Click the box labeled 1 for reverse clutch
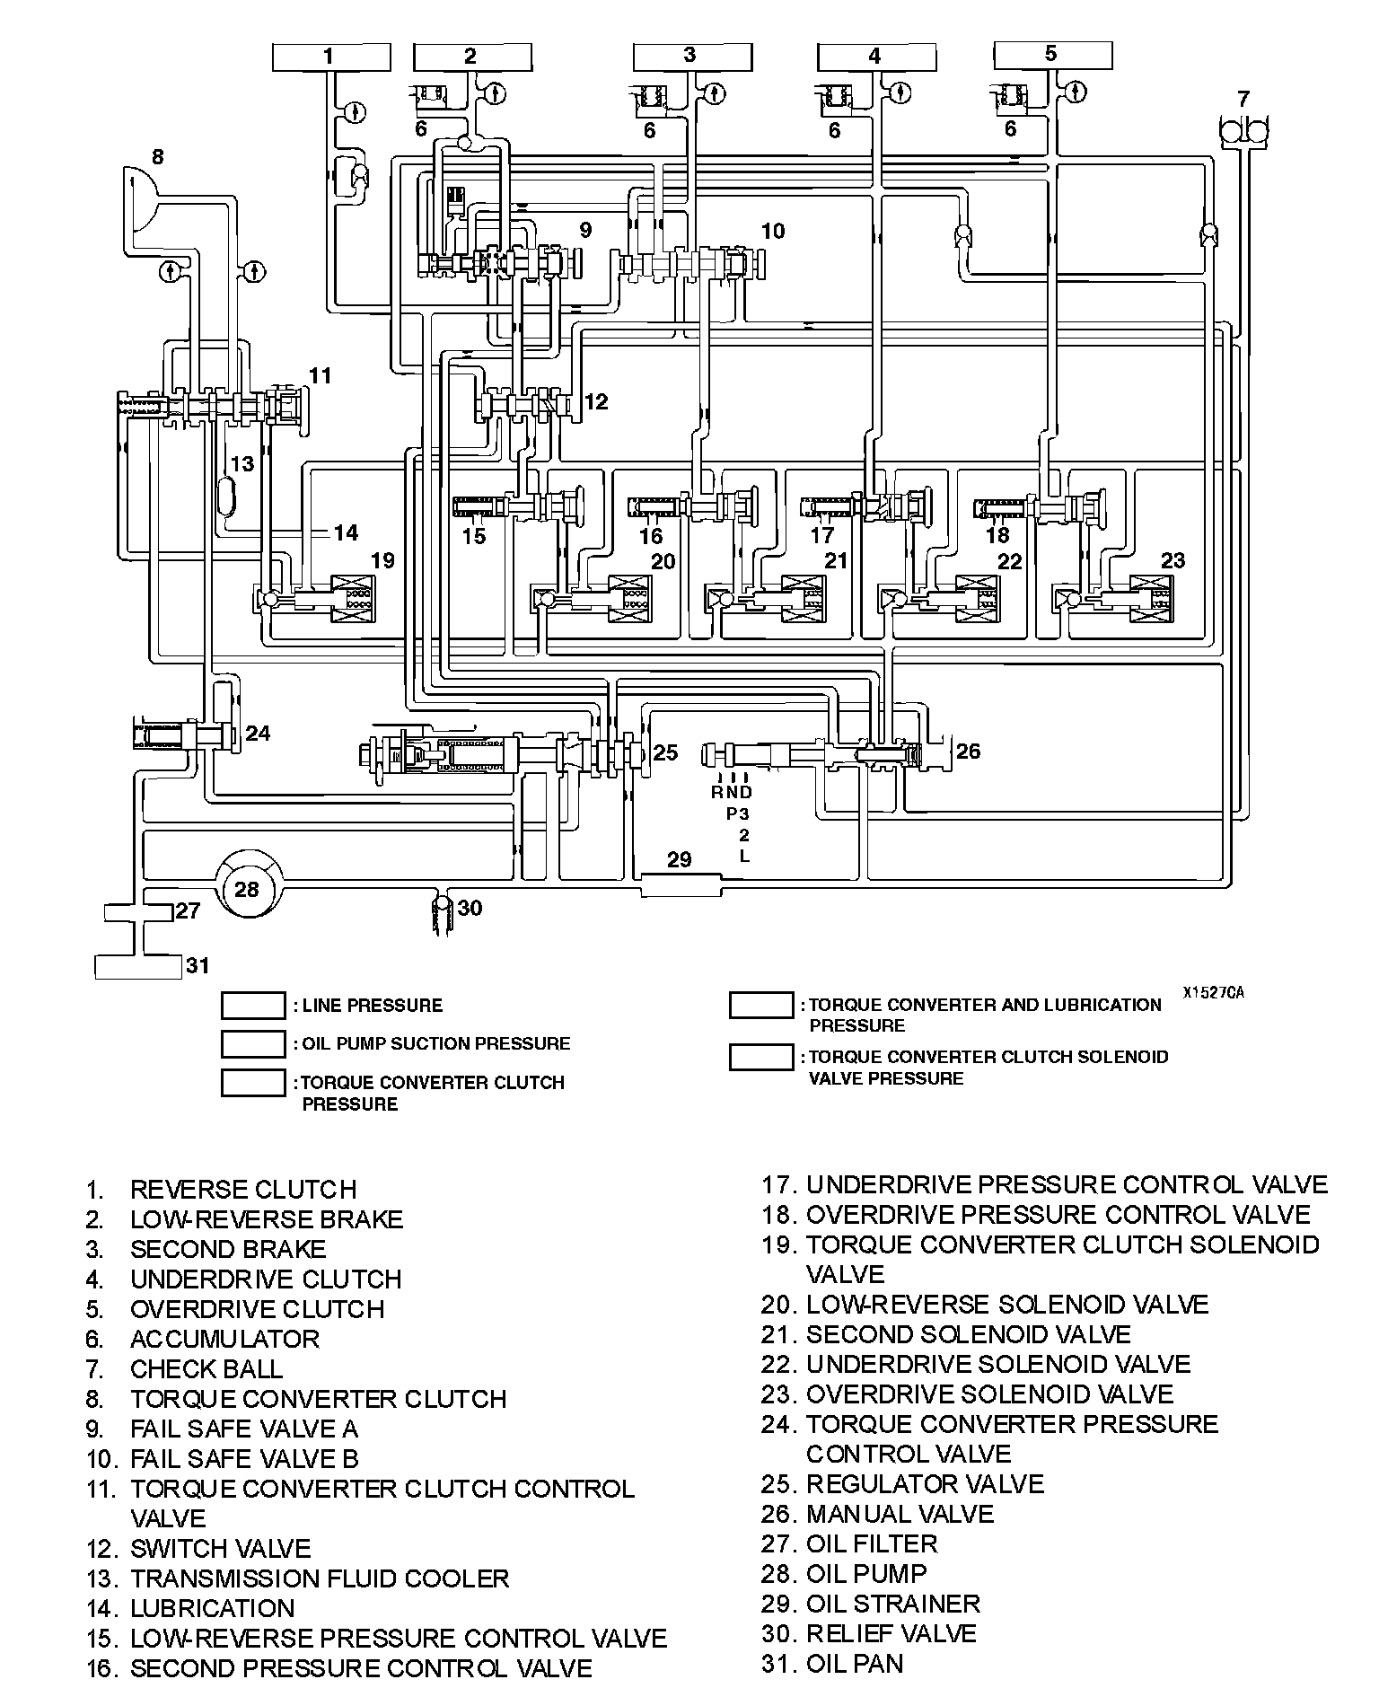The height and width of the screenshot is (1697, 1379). pos(331,57)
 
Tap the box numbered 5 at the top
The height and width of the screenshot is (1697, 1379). pos(1053,56)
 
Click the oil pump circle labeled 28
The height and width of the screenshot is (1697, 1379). pos(247,889)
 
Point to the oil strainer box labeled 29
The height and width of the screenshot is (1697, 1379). pos(681,884)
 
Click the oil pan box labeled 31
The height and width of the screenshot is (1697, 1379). pos(138,966)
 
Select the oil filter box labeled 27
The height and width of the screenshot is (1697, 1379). pos(138,912)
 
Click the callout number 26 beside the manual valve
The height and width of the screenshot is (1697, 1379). pos(968,751)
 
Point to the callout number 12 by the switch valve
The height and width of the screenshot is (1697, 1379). pos(596,401)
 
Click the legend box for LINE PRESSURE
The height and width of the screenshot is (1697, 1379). pos(253,1006)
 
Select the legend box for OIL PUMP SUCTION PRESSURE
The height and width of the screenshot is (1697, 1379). pos(253,1043)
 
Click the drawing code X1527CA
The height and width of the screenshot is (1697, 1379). pos(1213,992)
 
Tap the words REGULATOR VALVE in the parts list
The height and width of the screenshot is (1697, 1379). pos(925,1483)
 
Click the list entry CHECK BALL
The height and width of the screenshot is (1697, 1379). pos(206,1368)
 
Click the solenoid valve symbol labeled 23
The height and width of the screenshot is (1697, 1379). pos(1151,597)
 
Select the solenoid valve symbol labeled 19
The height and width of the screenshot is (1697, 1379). pos(354,597)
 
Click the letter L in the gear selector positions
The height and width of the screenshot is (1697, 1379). pos(743,856)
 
